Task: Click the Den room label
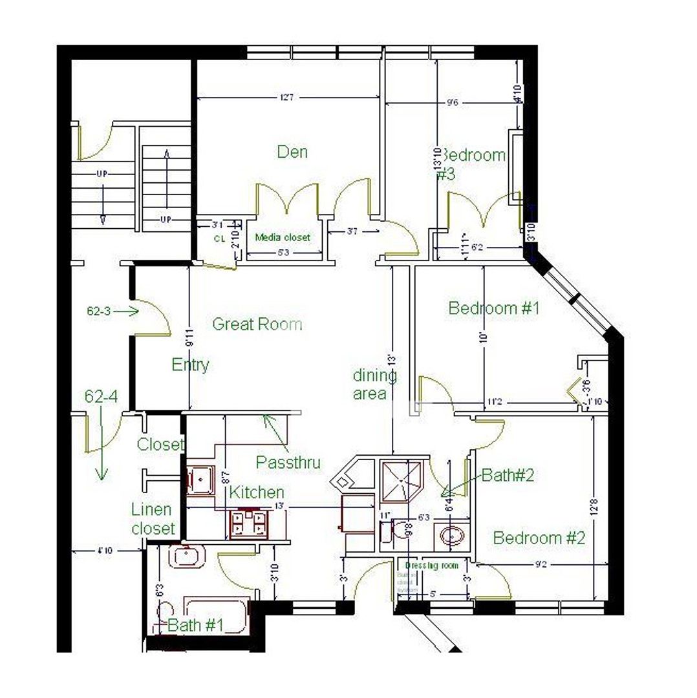(x=292, y=152)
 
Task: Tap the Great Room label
(x=257, y=324)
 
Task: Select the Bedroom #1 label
(x=493, y=308)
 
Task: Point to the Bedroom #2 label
(x=539, y=538)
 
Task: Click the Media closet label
(x=283, y=237)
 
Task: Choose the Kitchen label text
(x=257, y=492)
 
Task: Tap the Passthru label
(x=288, y=463)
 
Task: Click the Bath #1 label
(x=195, y=626)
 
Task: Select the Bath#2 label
(x=508, y=476)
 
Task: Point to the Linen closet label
(x=153, y=519)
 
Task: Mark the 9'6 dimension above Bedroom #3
(x=453, y=102)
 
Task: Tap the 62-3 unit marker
(x=99, y=311)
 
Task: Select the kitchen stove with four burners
(x=248, y=523)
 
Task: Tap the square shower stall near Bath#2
(x=403, y=481)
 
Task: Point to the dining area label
(x=374, y=385)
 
